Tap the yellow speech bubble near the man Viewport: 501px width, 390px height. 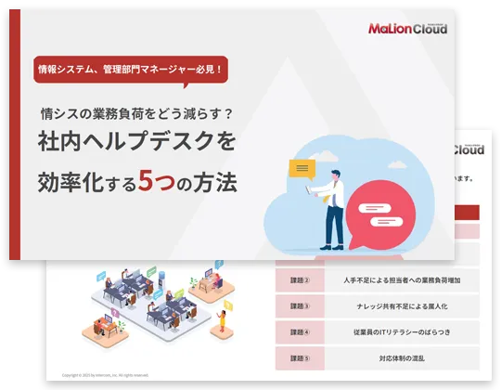coord(302,169)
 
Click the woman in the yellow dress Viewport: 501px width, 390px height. coord(223,320)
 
